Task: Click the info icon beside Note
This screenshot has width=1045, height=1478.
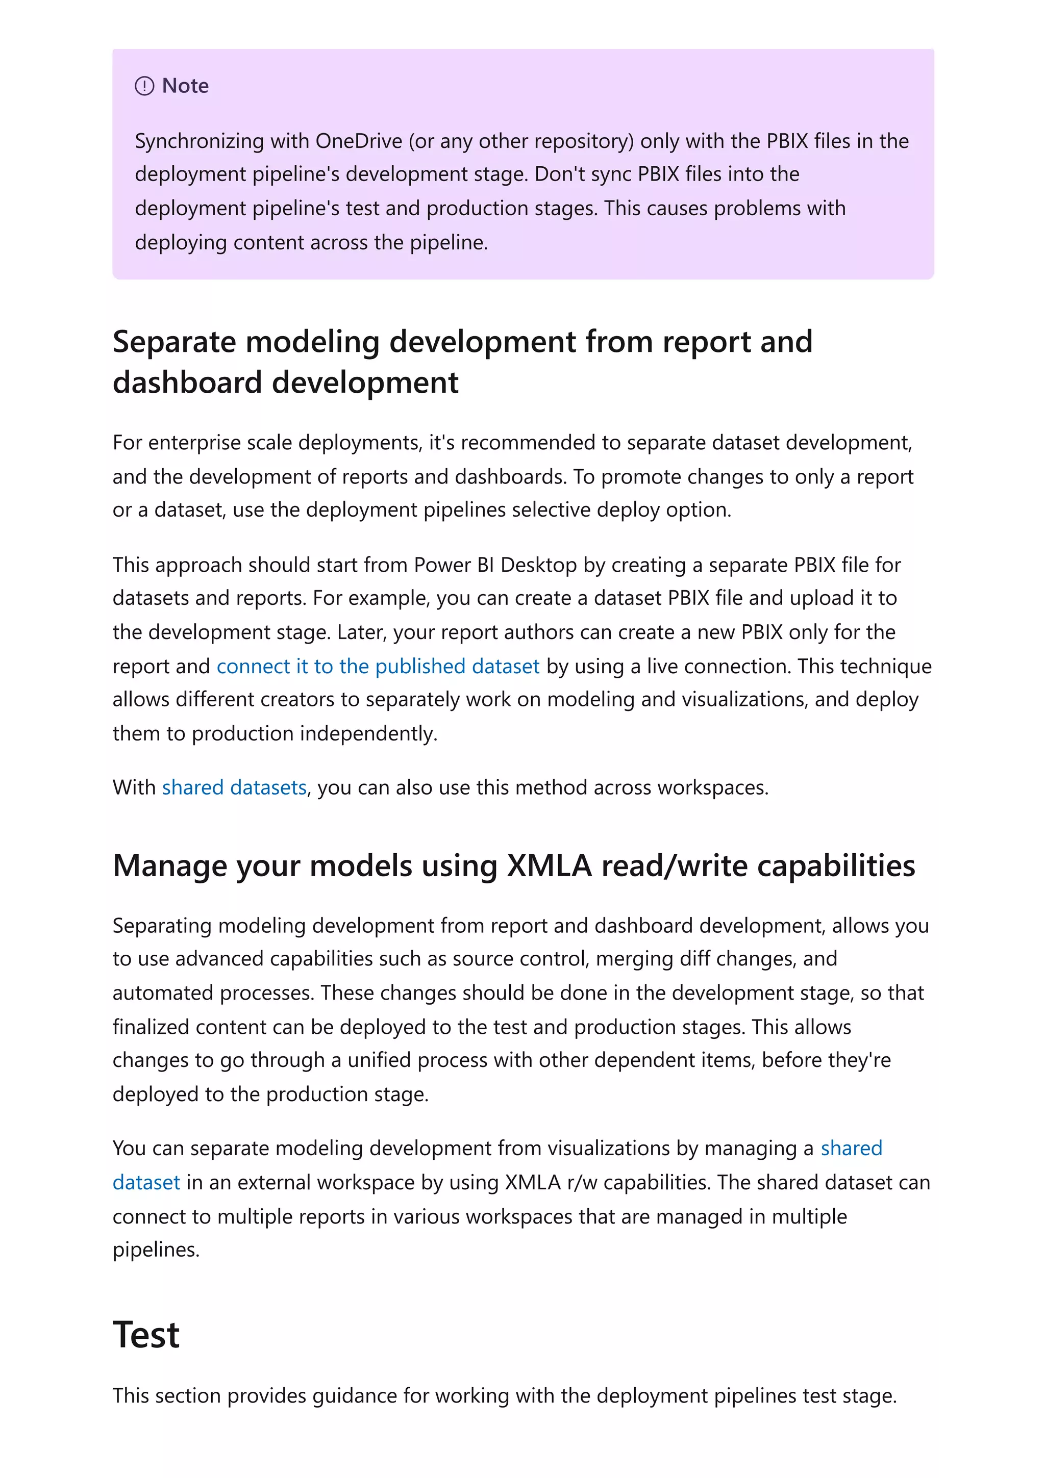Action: pyautogui.click(x=144, y=86)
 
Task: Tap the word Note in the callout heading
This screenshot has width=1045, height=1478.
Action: pyautogui.click(x=185, y=86)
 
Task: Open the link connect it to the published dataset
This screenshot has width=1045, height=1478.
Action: pyautogui.click(x=378, y=666)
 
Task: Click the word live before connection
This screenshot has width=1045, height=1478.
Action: pyautogui.click(x=662, y=666)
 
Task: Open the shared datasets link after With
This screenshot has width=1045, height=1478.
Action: pyautogui.click(x=234, y=788)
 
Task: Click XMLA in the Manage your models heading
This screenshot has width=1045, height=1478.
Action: pyautogui.click(x=549, y=867)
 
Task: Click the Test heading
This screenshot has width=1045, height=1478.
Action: pyautogui.click(x=146, y=1335)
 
